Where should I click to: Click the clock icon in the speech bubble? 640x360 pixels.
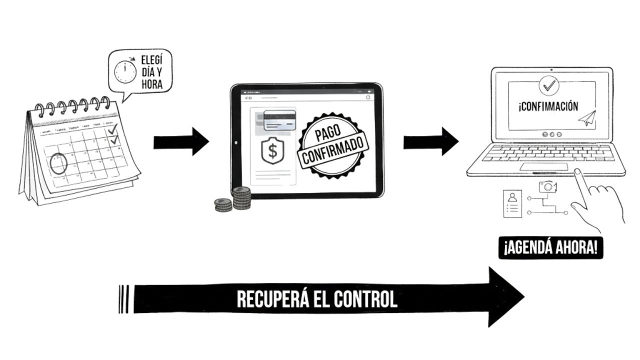pos(125,72)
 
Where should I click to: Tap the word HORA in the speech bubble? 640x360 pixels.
pos(151,84)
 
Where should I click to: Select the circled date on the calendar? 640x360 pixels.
pos(58,163)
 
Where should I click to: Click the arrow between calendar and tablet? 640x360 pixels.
pos(181,141)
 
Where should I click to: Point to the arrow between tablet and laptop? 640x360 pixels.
pos(431,141)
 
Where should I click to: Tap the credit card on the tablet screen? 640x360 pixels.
pos(279,120)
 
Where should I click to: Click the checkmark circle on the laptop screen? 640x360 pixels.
pos(549,85)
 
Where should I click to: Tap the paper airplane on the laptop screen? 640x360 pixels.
pos(588,118)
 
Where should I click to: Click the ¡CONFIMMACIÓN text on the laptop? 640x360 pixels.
pos(548,106)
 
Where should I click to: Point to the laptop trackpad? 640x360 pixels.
pos(543,166)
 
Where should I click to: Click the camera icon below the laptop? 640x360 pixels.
pos(548,187)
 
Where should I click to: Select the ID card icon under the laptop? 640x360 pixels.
pos(512,203)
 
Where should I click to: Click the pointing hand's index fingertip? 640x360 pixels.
pos(577,172)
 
